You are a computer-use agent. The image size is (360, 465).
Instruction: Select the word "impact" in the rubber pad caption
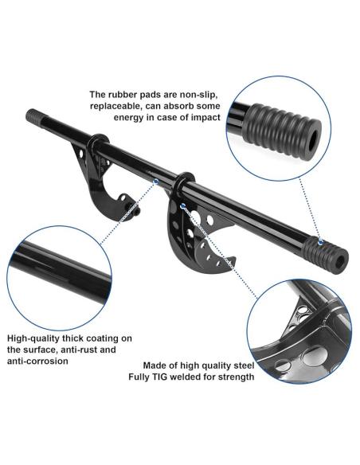205,117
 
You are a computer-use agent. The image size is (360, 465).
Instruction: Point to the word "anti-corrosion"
37,361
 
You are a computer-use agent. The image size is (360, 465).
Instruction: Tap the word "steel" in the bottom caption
243,365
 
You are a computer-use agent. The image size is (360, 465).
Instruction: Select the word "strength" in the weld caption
237,377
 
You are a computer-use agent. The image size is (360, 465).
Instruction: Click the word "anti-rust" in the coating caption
79,350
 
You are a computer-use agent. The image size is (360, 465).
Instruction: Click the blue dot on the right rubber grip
320,242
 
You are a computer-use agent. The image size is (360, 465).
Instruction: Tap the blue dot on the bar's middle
155,182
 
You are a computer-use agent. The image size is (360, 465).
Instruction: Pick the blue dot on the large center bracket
183,205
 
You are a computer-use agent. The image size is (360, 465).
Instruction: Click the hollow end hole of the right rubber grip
339,260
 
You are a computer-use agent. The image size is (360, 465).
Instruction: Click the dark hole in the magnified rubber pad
312,143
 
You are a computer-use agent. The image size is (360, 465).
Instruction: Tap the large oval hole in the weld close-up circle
315,355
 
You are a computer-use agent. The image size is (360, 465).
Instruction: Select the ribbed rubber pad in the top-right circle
281,131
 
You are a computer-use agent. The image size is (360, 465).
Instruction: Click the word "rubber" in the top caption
123,95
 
